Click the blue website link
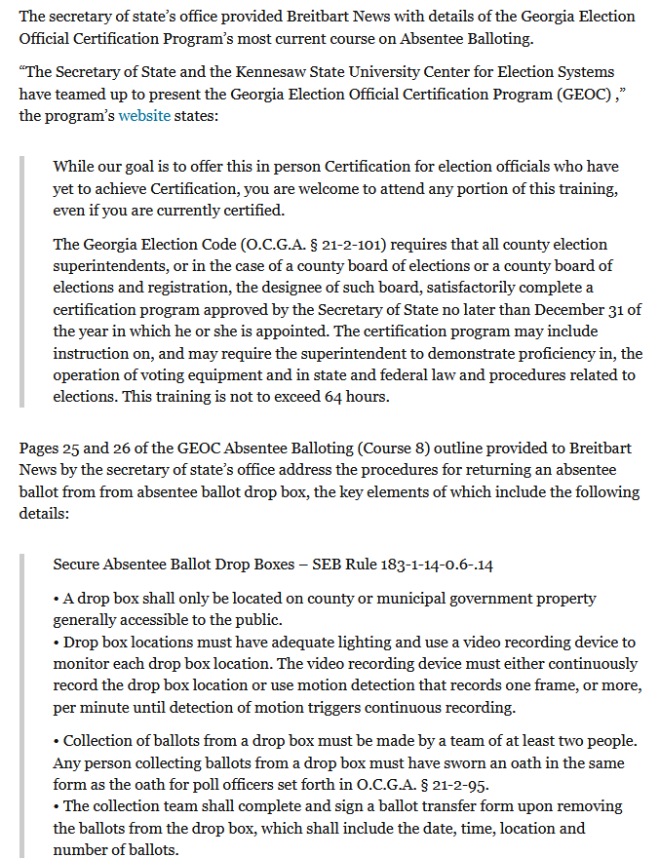tap(144, 116)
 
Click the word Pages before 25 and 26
tap(41, 448)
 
